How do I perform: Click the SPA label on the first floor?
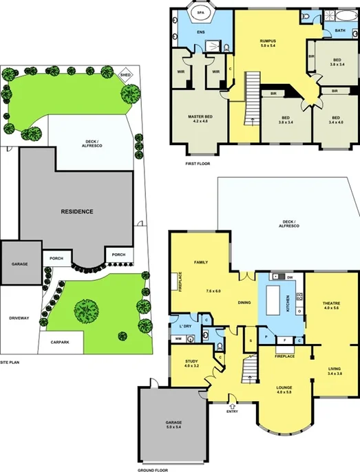(x=201, y=12)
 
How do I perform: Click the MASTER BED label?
(x=200, y=119)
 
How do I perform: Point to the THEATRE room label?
(x=332, y=305)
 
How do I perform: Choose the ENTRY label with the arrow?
(x=231, y=411)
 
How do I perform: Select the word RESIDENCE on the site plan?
(x=76, y=211)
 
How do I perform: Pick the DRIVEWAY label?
(x=19, y=318)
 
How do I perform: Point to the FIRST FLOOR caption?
(x=198, y=164)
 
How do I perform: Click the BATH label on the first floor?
(x=340, y=30)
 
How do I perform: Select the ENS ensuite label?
(x=202, y=32)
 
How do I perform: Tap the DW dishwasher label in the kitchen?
(x=290, y=277)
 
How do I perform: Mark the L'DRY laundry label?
(x=184, y=325)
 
